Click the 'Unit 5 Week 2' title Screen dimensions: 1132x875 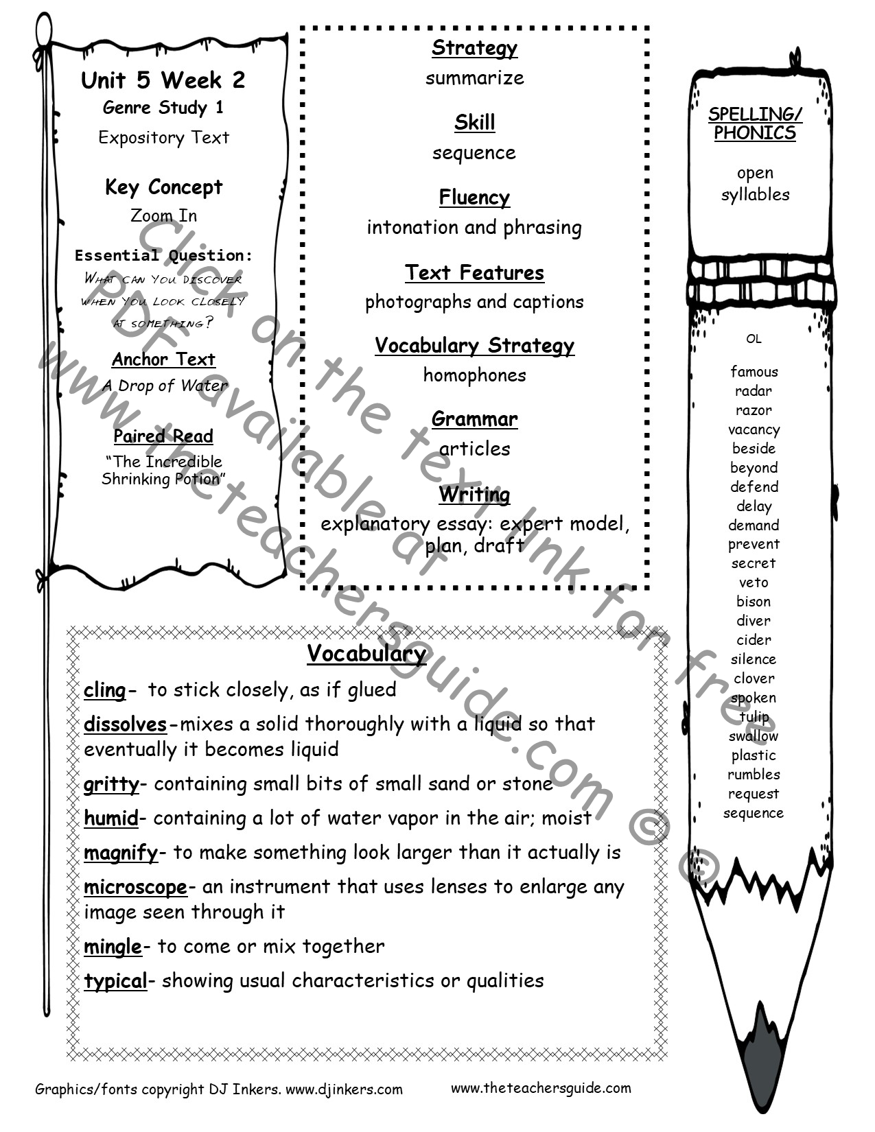click(x=163, y=80)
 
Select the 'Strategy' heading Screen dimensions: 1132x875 click(x=474, y=48)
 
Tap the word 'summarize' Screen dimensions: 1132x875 click(x=474, y=78)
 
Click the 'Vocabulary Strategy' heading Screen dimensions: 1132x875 click(x=474, y=346)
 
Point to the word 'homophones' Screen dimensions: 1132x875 click(x=474, y=375)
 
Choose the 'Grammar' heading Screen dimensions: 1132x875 click(x=474, y=418)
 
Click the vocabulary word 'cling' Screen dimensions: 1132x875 click(x=105, y=690)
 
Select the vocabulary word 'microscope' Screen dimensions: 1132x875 click(x=135, y=887)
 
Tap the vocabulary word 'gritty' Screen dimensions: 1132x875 click(x=111, y=784)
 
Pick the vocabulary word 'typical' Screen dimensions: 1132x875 click(x=115, y=981)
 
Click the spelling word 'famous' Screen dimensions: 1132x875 click(x=754, y=372)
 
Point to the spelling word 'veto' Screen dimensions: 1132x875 click(x=754, y=582)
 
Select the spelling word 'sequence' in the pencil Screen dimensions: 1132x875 click(x=754, y=813)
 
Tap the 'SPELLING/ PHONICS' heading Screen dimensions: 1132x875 click(x=755, y=123)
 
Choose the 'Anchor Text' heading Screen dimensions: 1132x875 click(x=163, y=359)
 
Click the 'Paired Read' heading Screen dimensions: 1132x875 click(x=163, y=436)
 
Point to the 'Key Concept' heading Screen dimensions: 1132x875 click(x=163, y=187)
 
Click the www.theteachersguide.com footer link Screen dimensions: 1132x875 click(x=541, y=1088)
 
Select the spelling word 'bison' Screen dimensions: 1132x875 click(x=754, y=602)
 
